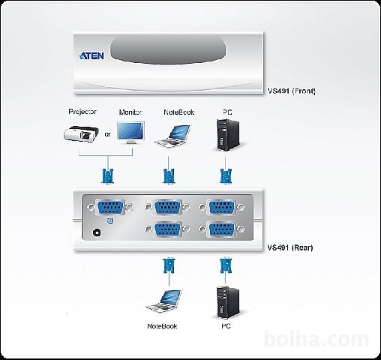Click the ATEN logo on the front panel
coord(91,55)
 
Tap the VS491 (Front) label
coord(292,91)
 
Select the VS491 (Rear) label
coord(290,247)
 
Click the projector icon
coord(81,134)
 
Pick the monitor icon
coord(131,133)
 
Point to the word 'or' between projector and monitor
coord(107,134)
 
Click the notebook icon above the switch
coord(173,136)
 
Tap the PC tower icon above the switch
coord(228,135)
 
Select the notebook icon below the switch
coord(164,301)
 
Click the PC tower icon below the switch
coord(228,302)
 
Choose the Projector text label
coord(82,112)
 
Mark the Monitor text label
coord(130,112)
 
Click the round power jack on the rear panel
coord(97,232)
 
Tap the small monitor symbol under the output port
coord(110,221)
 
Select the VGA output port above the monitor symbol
coord(110,207)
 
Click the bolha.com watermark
coord(316,339)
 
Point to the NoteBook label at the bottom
coord(162,326)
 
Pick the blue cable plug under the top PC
coord(226,176)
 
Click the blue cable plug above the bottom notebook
coord(169,266)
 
